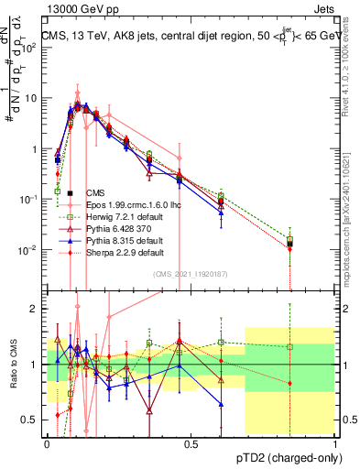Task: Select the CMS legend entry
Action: pyautogui.click(x=95, y=193)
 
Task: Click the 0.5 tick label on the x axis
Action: pyautogui.click(x=191, y=443)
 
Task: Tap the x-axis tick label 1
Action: pyautogui.click(x=334, y=443)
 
